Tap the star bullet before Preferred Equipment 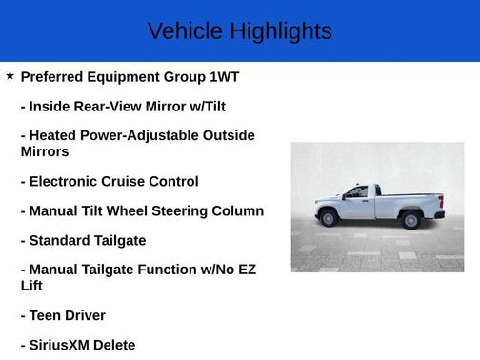10,75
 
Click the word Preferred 54,76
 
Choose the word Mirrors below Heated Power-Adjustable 45,151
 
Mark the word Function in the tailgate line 178,270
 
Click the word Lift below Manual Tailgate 33,285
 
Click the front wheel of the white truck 329,218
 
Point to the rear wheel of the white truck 411,220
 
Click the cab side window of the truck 357,192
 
